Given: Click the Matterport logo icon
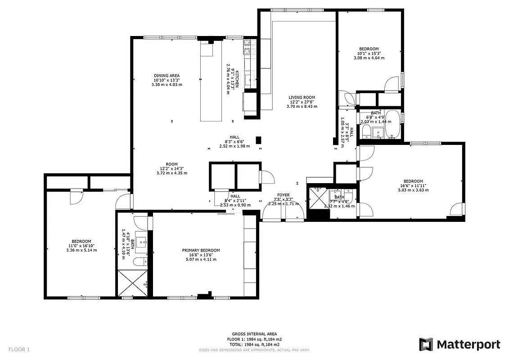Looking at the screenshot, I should (426, 344).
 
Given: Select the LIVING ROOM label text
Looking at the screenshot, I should (302, 97).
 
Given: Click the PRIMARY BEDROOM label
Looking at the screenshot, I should (201, 250).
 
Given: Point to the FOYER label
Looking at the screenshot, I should (283, 195).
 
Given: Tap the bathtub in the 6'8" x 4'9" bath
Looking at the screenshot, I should (393, 124).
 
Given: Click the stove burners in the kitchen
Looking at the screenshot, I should (249, 47).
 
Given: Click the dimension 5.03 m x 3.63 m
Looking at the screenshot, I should (413, 190).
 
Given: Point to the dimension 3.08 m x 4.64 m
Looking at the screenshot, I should (369, 58).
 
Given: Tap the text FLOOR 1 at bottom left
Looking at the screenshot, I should (19, 349).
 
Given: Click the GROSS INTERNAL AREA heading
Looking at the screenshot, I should (254, 334).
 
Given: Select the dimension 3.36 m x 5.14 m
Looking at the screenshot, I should (81, 250).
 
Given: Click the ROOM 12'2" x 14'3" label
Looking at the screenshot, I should (172, 164).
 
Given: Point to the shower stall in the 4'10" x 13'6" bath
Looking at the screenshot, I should (132, 283).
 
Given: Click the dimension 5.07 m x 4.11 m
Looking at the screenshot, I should (201, 259).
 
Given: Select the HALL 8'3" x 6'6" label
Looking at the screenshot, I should (234, 137).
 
